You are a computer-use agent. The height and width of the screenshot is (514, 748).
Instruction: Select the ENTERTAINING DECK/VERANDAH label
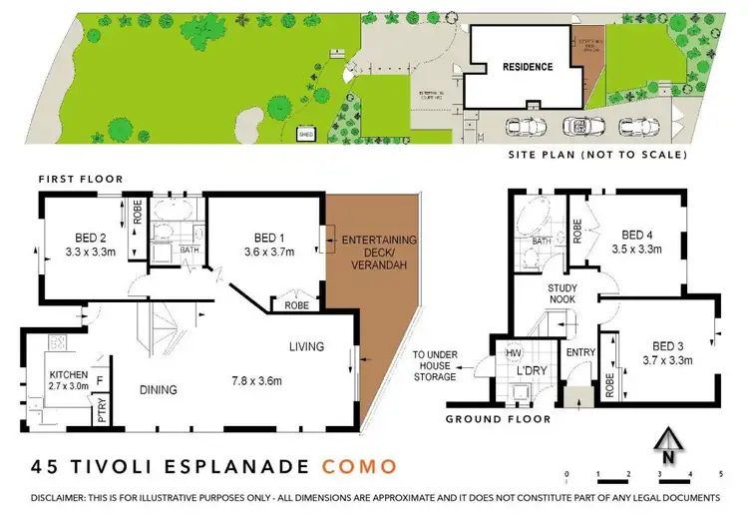[x=379, y=254]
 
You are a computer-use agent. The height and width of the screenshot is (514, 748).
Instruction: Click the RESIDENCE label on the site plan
[x=527, y=67]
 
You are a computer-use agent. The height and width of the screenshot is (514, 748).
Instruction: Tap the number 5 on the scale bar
[x=720, y=474]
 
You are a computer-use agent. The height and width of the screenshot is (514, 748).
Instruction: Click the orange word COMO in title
[x=359, y=466]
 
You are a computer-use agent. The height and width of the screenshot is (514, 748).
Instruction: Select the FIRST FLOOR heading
[x=80, y=179]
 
